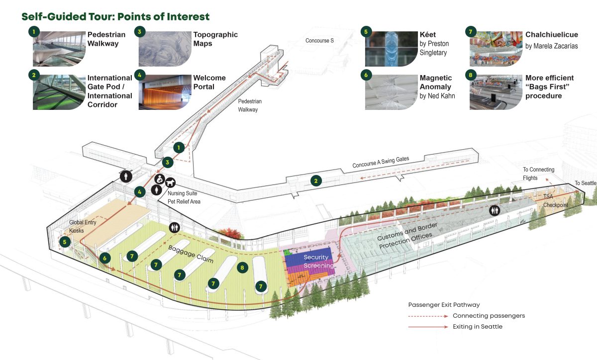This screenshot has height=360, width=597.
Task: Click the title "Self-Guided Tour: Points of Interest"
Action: [115, 16]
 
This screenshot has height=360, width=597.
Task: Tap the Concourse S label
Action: [319, 40]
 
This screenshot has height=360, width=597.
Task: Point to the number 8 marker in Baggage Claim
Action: [242, 267]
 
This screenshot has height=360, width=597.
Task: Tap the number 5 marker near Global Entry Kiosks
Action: [64, 242]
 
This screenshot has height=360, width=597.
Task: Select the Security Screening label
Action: [319, 262]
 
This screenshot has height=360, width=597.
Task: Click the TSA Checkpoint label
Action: [555, 201]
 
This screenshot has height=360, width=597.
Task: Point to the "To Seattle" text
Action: [585, 183]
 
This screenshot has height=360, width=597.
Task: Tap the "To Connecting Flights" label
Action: [538, 174]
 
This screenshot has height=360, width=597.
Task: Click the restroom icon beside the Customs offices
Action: [495, 210]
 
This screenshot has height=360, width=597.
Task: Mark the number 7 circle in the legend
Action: [470, 31]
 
